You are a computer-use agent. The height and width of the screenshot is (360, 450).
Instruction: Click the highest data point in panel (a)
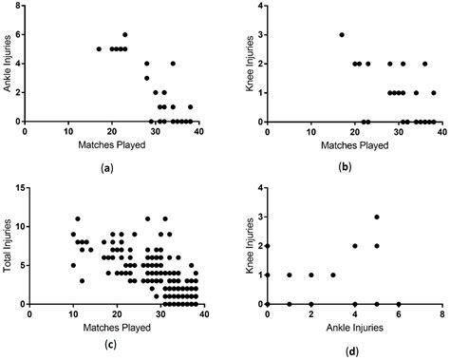(124, 34)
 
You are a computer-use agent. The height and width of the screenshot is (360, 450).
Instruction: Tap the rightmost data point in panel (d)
(399, 303)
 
